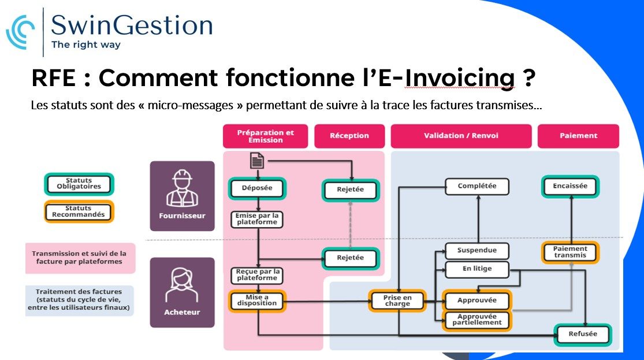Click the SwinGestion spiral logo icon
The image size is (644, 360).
(20, 32)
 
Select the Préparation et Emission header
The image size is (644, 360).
(265, 136)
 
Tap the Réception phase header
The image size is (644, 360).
(349, 136)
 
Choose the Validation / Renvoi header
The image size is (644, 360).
(461, 136)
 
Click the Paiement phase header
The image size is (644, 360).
(578, 136)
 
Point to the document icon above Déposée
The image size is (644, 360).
(257, 160)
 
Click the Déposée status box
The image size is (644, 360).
(257, 188)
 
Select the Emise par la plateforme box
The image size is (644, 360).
(257, 219)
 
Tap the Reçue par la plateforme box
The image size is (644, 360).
(258, 275)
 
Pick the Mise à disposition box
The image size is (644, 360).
(257, 300)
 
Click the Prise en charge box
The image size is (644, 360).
(397, 301)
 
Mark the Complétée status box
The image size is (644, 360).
(477, 186)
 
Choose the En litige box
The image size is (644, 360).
(477, 269)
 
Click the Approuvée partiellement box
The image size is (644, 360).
(477, 320)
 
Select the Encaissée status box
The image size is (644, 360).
(570, 186)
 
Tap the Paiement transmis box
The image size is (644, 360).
(570, 252)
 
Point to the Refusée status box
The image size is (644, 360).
(583, 334)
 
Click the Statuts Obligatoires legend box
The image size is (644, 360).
(79, 184)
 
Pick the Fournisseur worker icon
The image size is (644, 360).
(183, 188)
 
